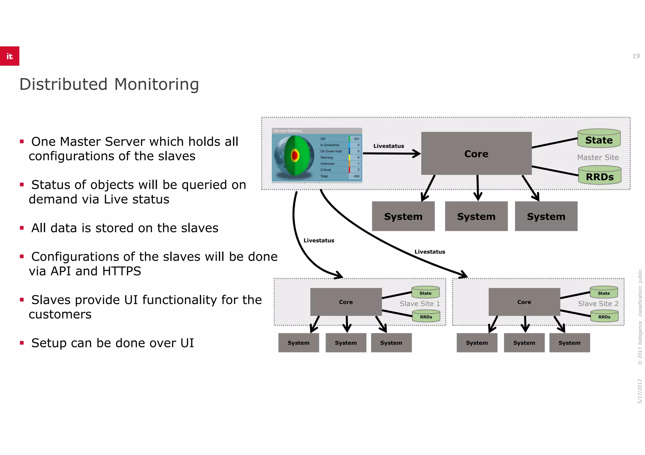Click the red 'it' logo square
[x=9, y=56]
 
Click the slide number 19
[x=636, y=56]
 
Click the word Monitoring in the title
[x=156, y=84]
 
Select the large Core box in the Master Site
[x=476, y=153]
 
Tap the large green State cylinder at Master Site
[x=599, y=139]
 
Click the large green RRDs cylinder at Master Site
[x=600, y=176]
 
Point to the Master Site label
[x=598, y=157]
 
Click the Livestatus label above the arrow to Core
[x=388, y=146]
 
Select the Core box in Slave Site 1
[x=346, y=302]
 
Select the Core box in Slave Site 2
[x=524, y=302]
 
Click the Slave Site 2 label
[x=598, y=303]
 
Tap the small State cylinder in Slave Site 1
[x=425, y=292]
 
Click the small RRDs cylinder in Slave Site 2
[x=604, y=316]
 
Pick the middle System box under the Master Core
[x=476, y=216]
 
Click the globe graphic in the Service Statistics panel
[x=294, y=155]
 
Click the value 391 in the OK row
[x=356, y=139]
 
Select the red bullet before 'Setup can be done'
[x=22, y=343]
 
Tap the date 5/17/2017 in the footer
[x=640, y=391]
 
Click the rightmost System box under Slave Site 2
[x=569, y=343]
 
